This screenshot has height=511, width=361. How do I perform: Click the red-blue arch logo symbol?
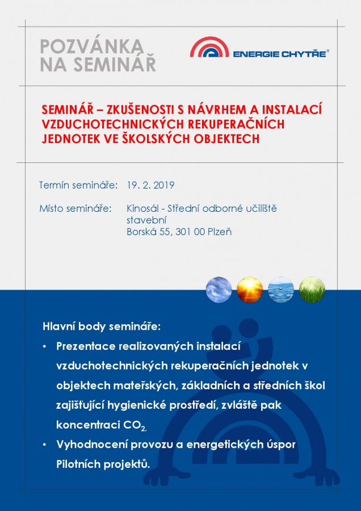point(209,47)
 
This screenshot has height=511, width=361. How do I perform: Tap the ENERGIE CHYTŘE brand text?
point(280,53)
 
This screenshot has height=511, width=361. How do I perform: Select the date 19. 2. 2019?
point(150,186)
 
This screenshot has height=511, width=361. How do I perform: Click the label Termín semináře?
point(78,186)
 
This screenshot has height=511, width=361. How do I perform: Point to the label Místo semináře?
point(75,208)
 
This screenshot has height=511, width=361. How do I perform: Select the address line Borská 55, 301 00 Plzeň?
point(179,232)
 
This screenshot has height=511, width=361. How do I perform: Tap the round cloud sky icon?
point(219,290)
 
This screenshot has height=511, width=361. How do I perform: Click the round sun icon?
point(250,290)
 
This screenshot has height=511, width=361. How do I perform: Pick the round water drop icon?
point(281,290)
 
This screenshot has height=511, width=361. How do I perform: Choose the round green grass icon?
point(312,290)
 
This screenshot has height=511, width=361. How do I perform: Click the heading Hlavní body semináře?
point(102,327)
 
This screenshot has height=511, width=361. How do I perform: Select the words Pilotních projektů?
point(103,464)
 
